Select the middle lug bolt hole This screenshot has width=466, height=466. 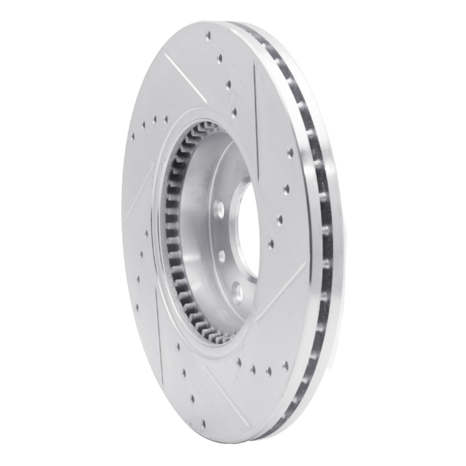pos(222,255)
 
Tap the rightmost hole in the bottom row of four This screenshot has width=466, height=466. pos(285,366)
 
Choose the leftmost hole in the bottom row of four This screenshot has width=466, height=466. pos(239,362)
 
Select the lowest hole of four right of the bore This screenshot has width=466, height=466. pos(271,245)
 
